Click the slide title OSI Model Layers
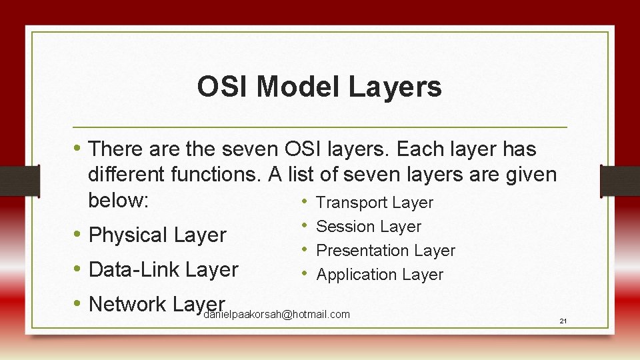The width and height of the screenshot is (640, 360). [x=319, y=87]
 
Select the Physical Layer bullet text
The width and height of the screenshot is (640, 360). [x=157, y=235]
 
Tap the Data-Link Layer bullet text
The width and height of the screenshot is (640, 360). [x=163, y=269]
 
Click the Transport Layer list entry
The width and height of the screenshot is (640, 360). [x=374, y=203]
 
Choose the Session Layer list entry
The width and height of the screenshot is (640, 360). [x=368, y=227]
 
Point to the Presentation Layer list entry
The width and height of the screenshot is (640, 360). [x=385, y=251]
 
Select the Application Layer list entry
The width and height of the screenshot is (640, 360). [x=379, y=275]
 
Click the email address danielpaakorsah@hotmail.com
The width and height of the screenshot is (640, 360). [x=276, y=315]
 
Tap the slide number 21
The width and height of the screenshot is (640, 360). [x=563, y=321]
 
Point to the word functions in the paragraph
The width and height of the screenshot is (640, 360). [x=216, y=175]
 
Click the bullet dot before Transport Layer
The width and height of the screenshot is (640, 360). [x=303, y=202]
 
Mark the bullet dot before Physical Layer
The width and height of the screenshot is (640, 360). [x=77, y=235]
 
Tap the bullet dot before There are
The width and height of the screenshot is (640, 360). [x=77, y=148]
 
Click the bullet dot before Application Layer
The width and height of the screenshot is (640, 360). [x=303, y=274]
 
